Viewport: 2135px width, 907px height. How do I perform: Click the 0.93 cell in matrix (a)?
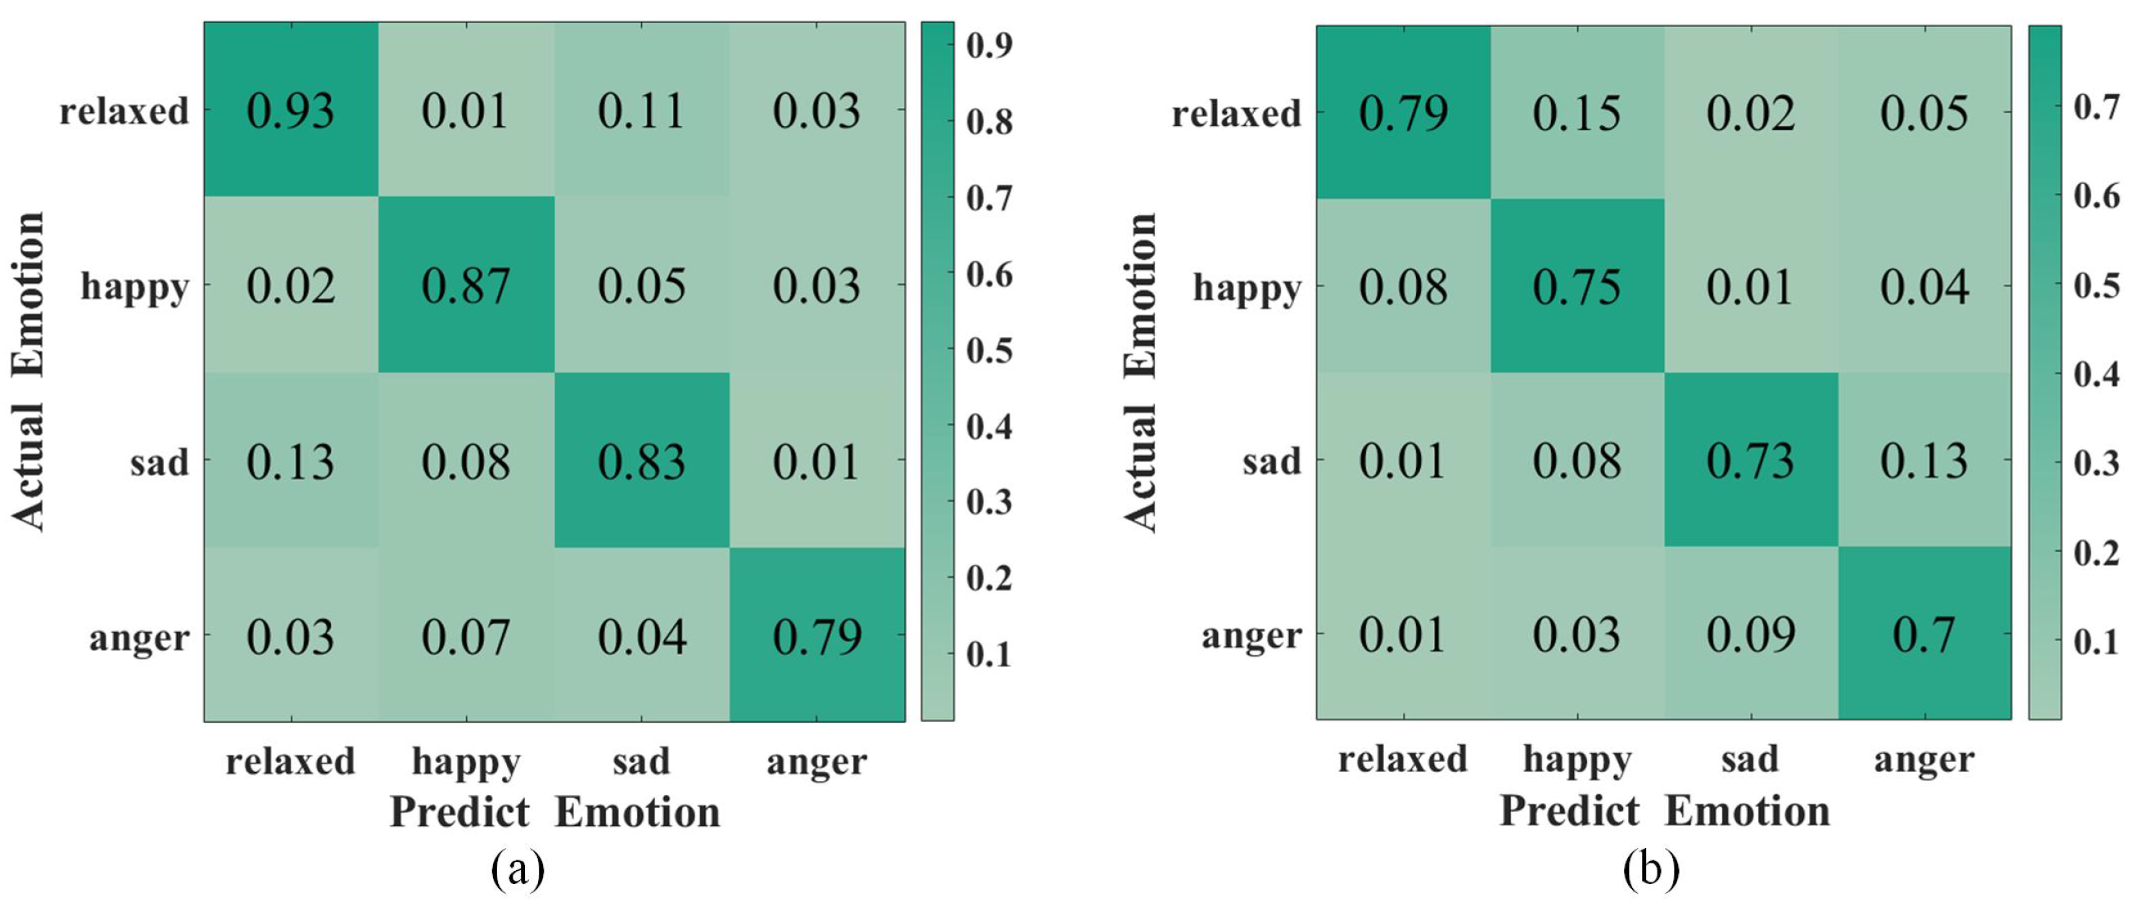coord(290,111)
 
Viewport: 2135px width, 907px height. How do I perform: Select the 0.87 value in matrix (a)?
coord(465,287)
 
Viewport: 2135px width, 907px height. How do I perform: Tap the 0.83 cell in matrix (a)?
coord(641,462)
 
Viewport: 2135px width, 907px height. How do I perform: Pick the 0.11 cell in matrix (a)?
coord(641,111)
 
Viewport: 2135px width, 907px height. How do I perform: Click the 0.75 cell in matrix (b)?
coord(1576,287)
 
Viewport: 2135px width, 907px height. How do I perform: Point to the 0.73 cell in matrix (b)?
coord(1749,461)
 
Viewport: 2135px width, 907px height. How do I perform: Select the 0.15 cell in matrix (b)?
coord(1576,114)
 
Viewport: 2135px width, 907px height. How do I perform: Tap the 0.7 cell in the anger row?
coord(1924,634)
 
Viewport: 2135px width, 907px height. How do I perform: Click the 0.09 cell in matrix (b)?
coord(1749,634)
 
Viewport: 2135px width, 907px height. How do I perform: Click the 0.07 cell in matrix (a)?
coord(465,637)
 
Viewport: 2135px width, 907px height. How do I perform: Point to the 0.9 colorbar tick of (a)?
coord(988,45)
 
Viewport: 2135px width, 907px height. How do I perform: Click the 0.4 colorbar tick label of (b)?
coord(2096,374)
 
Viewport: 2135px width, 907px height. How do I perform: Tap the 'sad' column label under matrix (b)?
coord(1749,759)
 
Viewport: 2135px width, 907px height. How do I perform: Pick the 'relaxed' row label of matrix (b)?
coord(1236,114)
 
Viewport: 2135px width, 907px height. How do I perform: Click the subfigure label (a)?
coord(518,869)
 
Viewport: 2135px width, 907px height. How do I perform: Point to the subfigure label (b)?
coord(1651,869)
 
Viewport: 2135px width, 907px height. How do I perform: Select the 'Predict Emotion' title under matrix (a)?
coord(554,812)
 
